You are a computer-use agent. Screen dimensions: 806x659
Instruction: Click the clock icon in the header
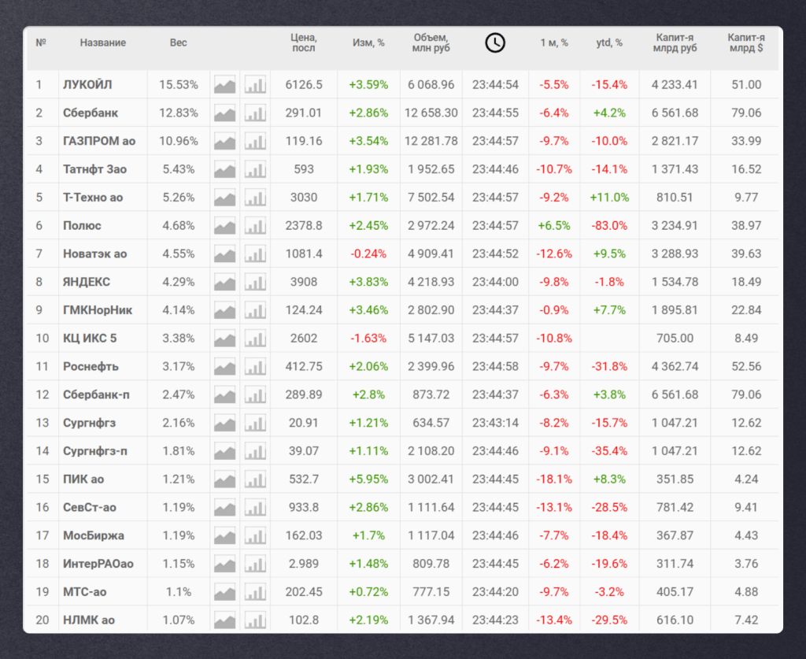point(495,43)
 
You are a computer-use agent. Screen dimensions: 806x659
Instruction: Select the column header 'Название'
point(103,43)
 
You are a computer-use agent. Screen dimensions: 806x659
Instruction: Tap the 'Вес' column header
point(179,43)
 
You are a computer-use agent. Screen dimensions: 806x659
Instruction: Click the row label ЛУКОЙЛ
point(87,85)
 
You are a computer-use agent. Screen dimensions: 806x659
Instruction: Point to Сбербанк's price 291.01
point(304,113)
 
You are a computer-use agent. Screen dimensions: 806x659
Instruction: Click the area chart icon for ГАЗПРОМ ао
point(224,141)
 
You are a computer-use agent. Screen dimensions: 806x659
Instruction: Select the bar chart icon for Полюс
point(255,226)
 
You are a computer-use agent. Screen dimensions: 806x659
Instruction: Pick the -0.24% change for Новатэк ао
point(368,254)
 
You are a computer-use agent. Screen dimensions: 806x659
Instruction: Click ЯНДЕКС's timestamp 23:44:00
point(496,282)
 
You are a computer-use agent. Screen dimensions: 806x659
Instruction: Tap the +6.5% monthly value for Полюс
point(554,226)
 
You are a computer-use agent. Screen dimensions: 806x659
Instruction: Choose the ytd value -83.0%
point(609,226)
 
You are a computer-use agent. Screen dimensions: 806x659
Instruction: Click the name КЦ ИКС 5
point(90,339)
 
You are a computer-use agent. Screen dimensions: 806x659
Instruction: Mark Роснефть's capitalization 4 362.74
point(675,367)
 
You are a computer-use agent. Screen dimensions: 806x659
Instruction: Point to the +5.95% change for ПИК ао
point(368,479)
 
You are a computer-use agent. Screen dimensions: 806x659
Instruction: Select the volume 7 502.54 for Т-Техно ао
point(431,198)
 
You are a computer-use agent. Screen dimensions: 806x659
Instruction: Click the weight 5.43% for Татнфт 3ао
point(179,169)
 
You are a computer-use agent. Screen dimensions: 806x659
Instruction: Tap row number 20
point(43,620)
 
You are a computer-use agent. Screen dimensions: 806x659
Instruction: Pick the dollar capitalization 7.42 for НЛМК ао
point(746,620)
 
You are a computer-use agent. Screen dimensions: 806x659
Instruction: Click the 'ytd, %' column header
point(609,43)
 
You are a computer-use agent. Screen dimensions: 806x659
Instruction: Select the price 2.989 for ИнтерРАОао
point(304,564)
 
